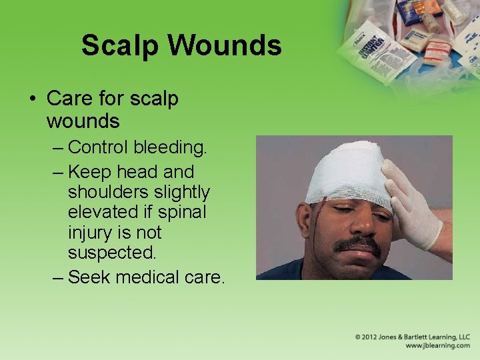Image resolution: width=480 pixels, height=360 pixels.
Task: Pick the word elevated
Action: (x=101, y=213)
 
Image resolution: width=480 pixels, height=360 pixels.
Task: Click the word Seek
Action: (x=90, y=277)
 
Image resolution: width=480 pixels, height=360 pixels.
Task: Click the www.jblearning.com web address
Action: (x=437, y=346)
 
